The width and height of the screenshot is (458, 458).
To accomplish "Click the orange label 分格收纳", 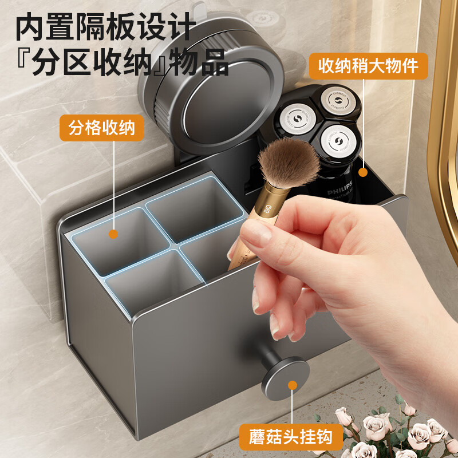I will tap(102, 128).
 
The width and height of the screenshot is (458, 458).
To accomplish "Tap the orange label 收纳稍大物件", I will tap(369, 66).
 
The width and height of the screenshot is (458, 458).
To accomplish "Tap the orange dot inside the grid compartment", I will tap(113, 234).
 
